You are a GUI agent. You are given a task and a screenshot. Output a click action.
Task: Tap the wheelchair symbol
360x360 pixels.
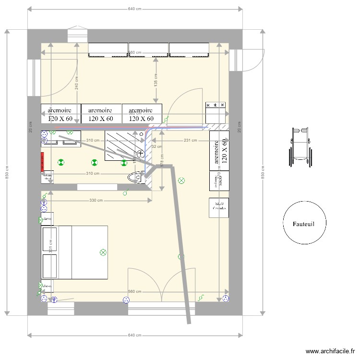coord(300,147)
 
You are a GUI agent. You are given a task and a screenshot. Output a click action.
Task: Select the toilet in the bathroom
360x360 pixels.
coord(136,177)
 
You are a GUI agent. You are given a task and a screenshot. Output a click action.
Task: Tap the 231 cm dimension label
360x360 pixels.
coord(190,141)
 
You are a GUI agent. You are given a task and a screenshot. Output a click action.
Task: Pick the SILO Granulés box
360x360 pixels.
coord(218,207)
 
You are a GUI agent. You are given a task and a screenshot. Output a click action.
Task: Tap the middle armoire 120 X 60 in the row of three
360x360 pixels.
coord(101,114)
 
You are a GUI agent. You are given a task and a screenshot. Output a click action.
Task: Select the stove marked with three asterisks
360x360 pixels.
coord(216,113)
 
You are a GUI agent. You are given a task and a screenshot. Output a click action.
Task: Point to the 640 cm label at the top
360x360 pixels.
coord(134,9)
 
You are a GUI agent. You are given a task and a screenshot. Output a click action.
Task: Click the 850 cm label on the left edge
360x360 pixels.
coord(7,173)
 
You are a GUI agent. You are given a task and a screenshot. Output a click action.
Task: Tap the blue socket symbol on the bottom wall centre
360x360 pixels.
coord(127,300)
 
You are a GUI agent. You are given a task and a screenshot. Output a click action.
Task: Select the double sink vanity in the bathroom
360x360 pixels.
coord(61,139)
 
